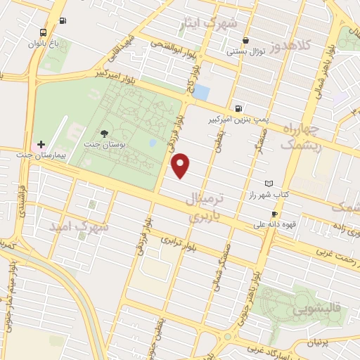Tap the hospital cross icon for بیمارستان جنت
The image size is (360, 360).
tap(41, 143)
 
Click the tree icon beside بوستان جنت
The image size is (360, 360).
tap(104, 133)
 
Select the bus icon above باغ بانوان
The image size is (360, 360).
tap(44, 32)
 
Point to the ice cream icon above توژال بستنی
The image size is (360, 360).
tap(245, 40)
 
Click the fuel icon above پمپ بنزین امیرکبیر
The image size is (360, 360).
tap(239, 109)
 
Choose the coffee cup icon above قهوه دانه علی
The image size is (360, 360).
tap(274, 214)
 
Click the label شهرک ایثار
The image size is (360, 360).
tap(209, 23)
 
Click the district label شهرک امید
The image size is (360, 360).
tap(79, 227)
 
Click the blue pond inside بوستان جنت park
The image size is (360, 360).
tap(153, 143)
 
